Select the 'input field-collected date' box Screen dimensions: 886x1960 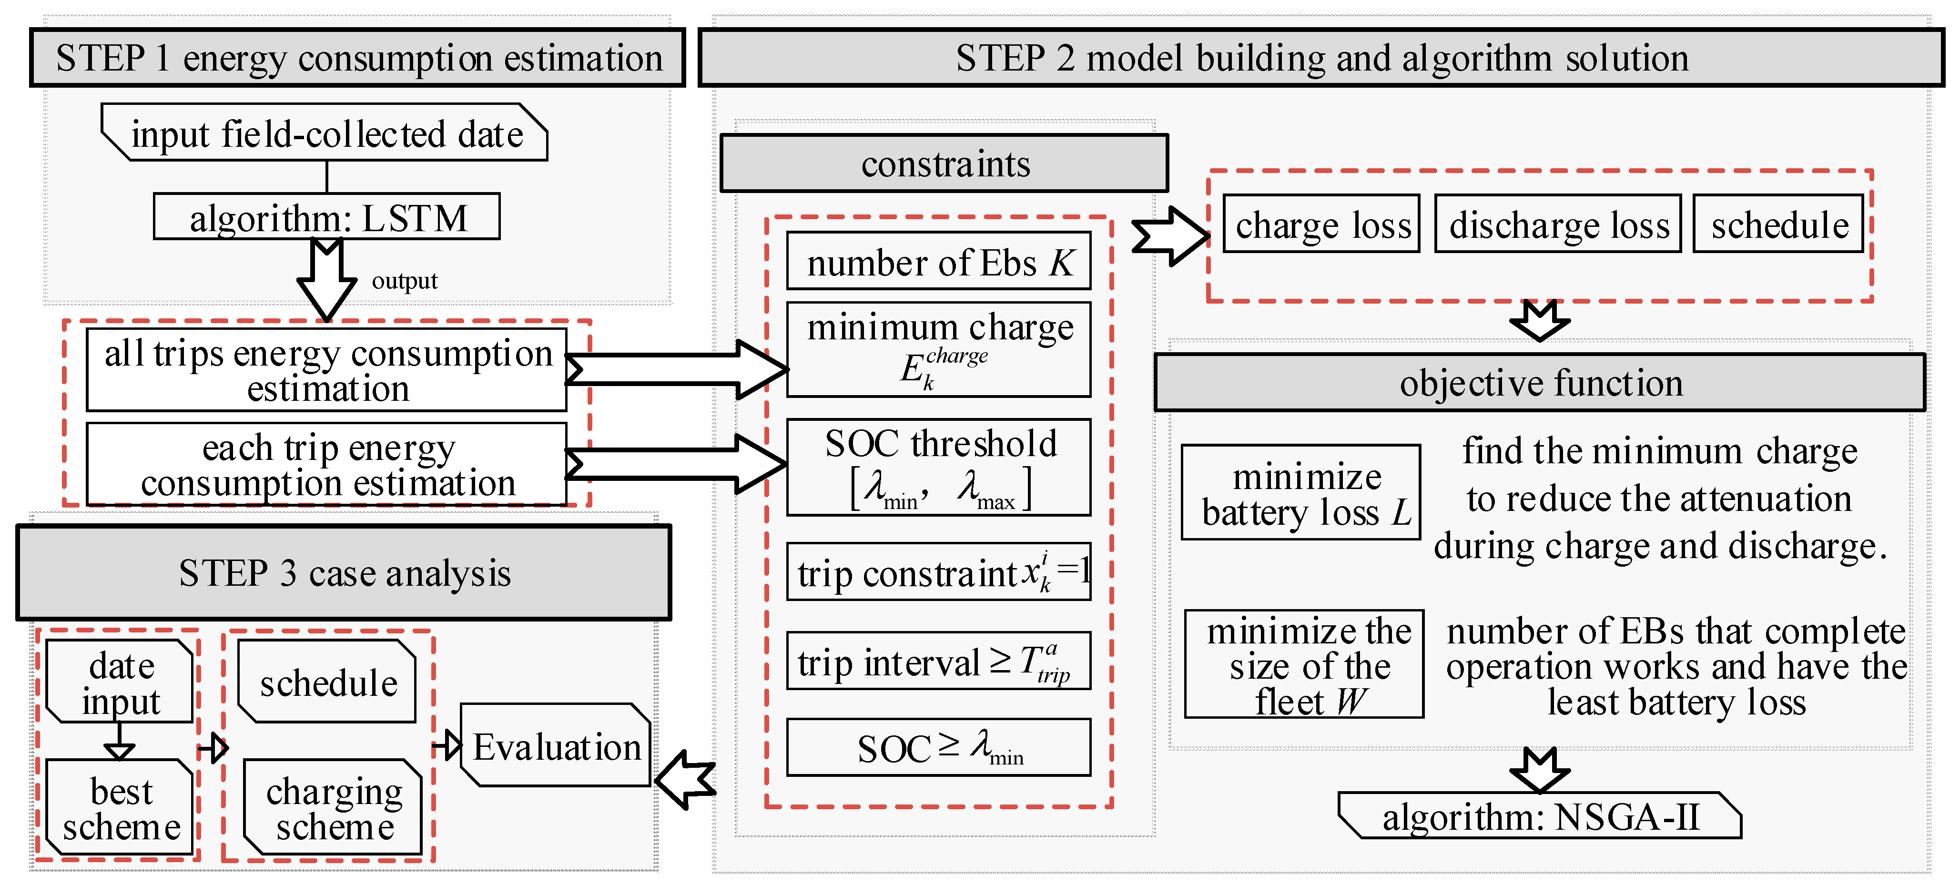pyautogui.click(x=325, y=133)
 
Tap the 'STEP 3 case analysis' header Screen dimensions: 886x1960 pyautogui.click(x=344, y=572)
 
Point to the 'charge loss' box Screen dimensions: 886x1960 pyautogui.click(x=1321, y=224)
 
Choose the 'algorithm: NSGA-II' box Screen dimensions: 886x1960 pyautogui.click(x=1540, y=816)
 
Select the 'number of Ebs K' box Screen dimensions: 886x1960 pyautogui.click(x=938, y=262)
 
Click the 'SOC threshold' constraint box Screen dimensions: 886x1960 pyautogui.click(x=938, y=467)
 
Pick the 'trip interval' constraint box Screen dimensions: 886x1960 pyautogui.click(x=938, y=661)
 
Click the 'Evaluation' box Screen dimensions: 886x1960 pyautogui.click(x=556, y=746)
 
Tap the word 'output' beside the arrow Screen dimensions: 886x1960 pyautogui.click(x=404, y=281)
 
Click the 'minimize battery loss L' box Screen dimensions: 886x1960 pyautogui.click(x=1301, y=492)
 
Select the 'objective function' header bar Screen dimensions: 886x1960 pyautogui.click(x=1540, y=383)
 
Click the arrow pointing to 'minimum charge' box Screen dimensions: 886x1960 pyautogui.click(x=677, y=370)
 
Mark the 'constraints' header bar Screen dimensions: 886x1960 pyautogui.click(x=944, y=163)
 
